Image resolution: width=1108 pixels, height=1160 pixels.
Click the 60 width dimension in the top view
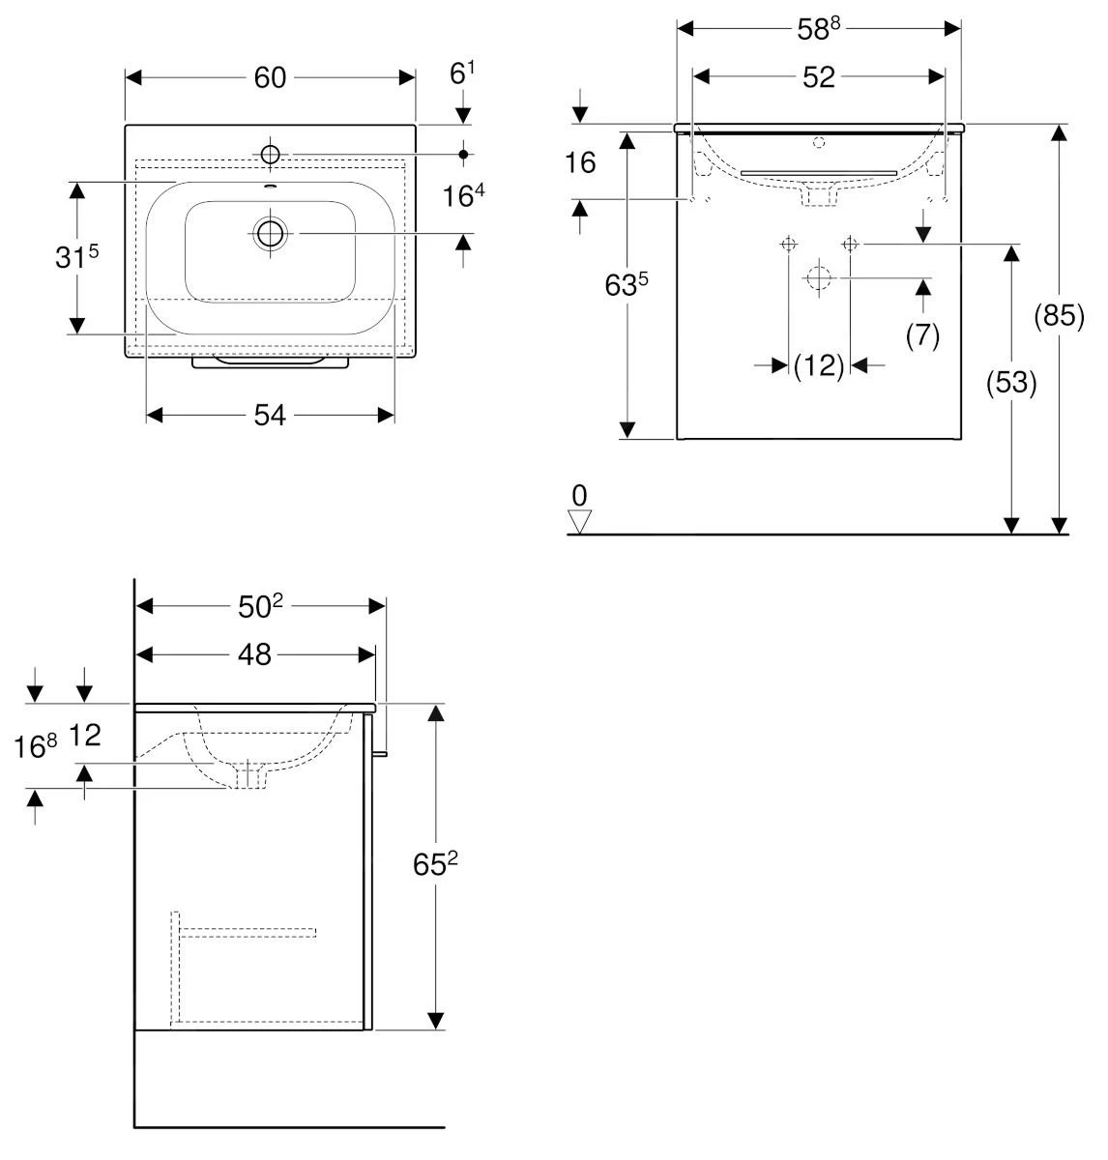click(271, 77)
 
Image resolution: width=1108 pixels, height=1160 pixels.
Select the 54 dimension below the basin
click(270, 415)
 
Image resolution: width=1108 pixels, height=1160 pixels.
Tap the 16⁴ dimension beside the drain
click(463, 196)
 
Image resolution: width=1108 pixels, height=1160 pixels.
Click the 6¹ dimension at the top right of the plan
click(463, 72)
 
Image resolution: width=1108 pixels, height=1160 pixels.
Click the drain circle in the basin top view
click(270, 234)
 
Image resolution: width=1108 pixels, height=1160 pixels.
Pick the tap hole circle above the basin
click(270, 154)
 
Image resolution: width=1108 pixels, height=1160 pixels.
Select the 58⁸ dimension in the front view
click(818, 28)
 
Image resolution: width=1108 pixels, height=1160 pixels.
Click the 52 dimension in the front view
click(818, 77)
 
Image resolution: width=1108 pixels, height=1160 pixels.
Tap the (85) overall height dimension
click(1060, 316)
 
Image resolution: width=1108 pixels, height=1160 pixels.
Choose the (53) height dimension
click(1011, 384)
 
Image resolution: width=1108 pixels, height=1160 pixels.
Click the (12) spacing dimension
click(819, 365)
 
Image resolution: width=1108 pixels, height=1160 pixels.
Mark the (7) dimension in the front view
click(922, 335)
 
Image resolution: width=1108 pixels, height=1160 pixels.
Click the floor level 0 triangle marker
click(579, 522)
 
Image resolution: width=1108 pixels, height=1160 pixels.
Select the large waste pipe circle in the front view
click(818, 278)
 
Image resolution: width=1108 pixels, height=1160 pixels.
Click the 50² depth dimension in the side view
click(260, 606)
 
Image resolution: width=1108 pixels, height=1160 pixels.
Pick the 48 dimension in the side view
click(254, 654)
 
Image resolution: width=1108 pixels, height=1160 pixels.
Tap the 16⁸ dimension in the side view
click(37, 745)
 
